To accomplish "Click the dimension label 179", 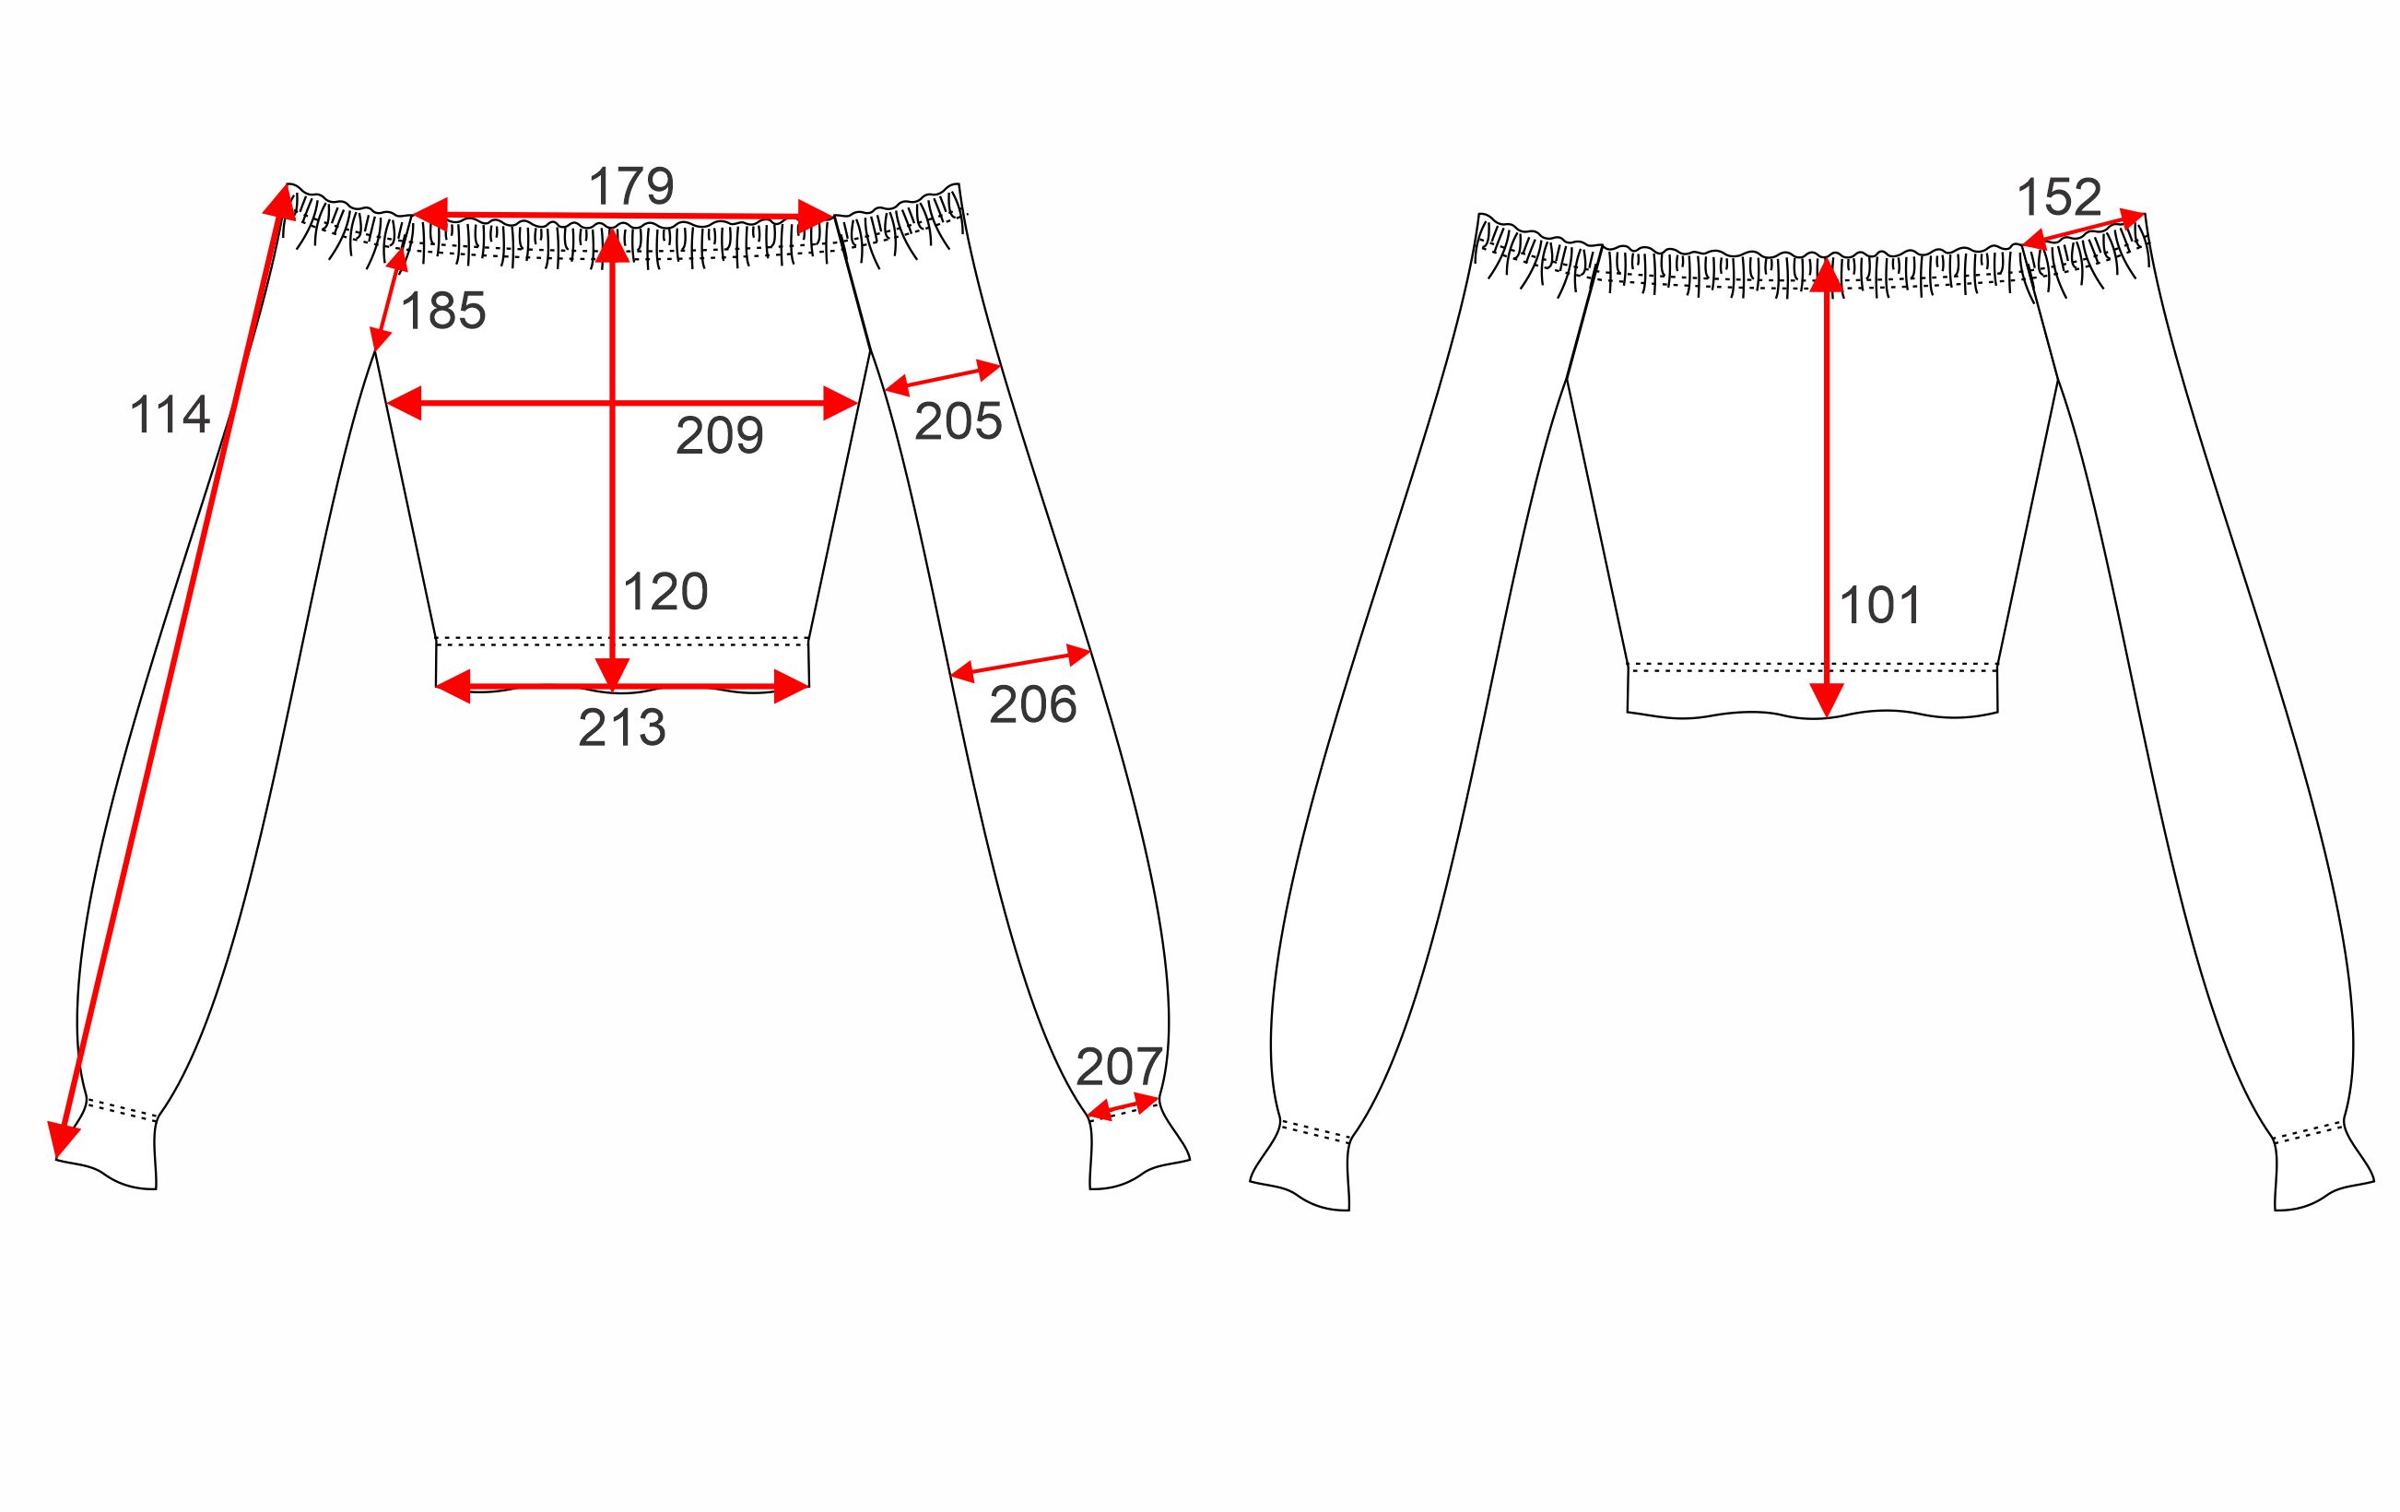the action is (632, 186).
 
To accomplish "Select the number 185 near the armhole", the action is (443, 311).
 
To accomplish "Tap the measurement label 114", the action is (170, 415).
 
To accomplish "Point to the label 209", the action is (720, 435).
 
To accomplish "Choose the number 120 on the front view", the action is (665, 592).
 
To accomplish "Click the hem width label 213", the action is (622, 728).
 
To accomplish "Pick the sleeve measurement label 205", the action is (958, 421).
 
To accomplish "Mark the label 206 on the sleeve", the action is (1032, 705).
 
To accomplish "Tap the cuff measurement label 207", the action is (1119, 1068).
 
